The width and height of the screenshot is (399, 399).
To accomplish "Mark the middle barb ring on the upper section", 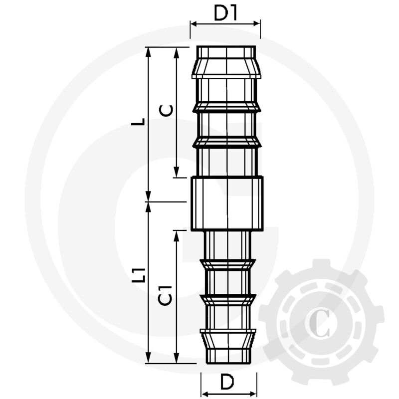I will tap(226, 107).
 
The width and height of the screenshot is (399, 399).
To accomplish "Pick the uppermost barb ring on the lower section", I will tap(227, 263).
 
